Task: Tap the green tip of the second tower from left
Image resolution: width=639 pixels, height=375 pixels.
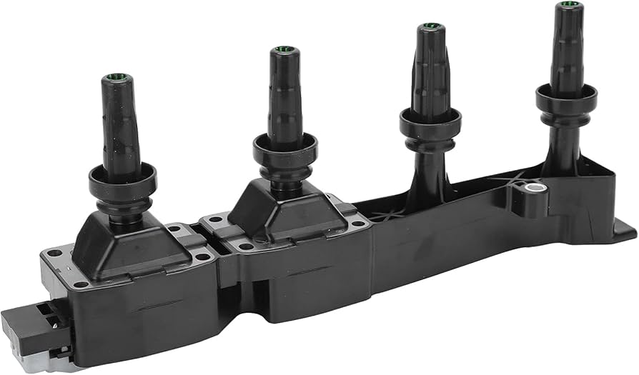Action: click(279, 51)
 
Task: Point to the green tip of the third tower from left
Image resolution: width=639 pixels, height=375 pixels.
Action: click(430, 27)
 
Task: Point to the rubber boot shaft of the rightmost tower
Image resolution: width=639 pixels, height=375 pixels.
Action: click(568, 50)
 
